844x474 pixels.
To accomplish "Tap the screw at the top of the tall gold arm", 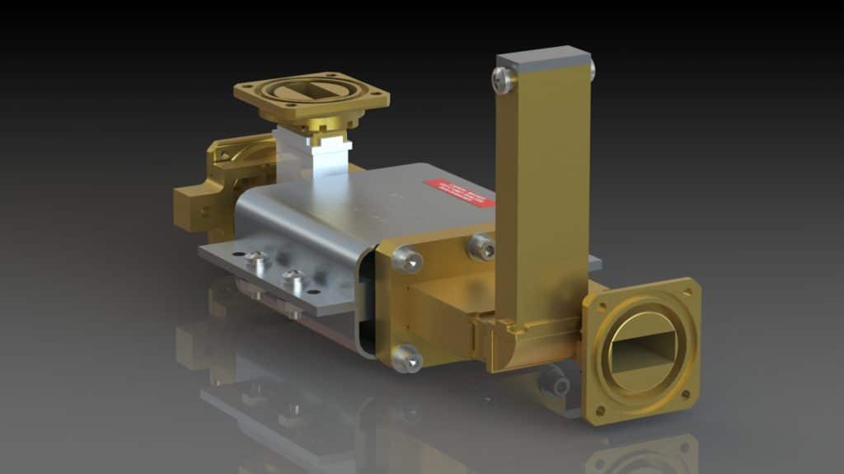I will pyautogui.click(x=504, y=80).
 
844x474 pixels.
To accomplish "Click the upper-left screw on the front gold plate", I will pyautogui.click(x=407, y=260).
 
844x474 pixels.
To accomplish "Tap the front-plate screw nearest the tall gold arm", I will pyautogui.click(x=481, y=246).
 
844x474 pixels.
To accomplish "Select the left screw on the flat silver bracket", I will pyautogui.click(x=257, y=260).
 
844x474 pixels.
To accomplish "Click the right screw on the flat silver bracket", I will pyautogui.click(x=294, y=279).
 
